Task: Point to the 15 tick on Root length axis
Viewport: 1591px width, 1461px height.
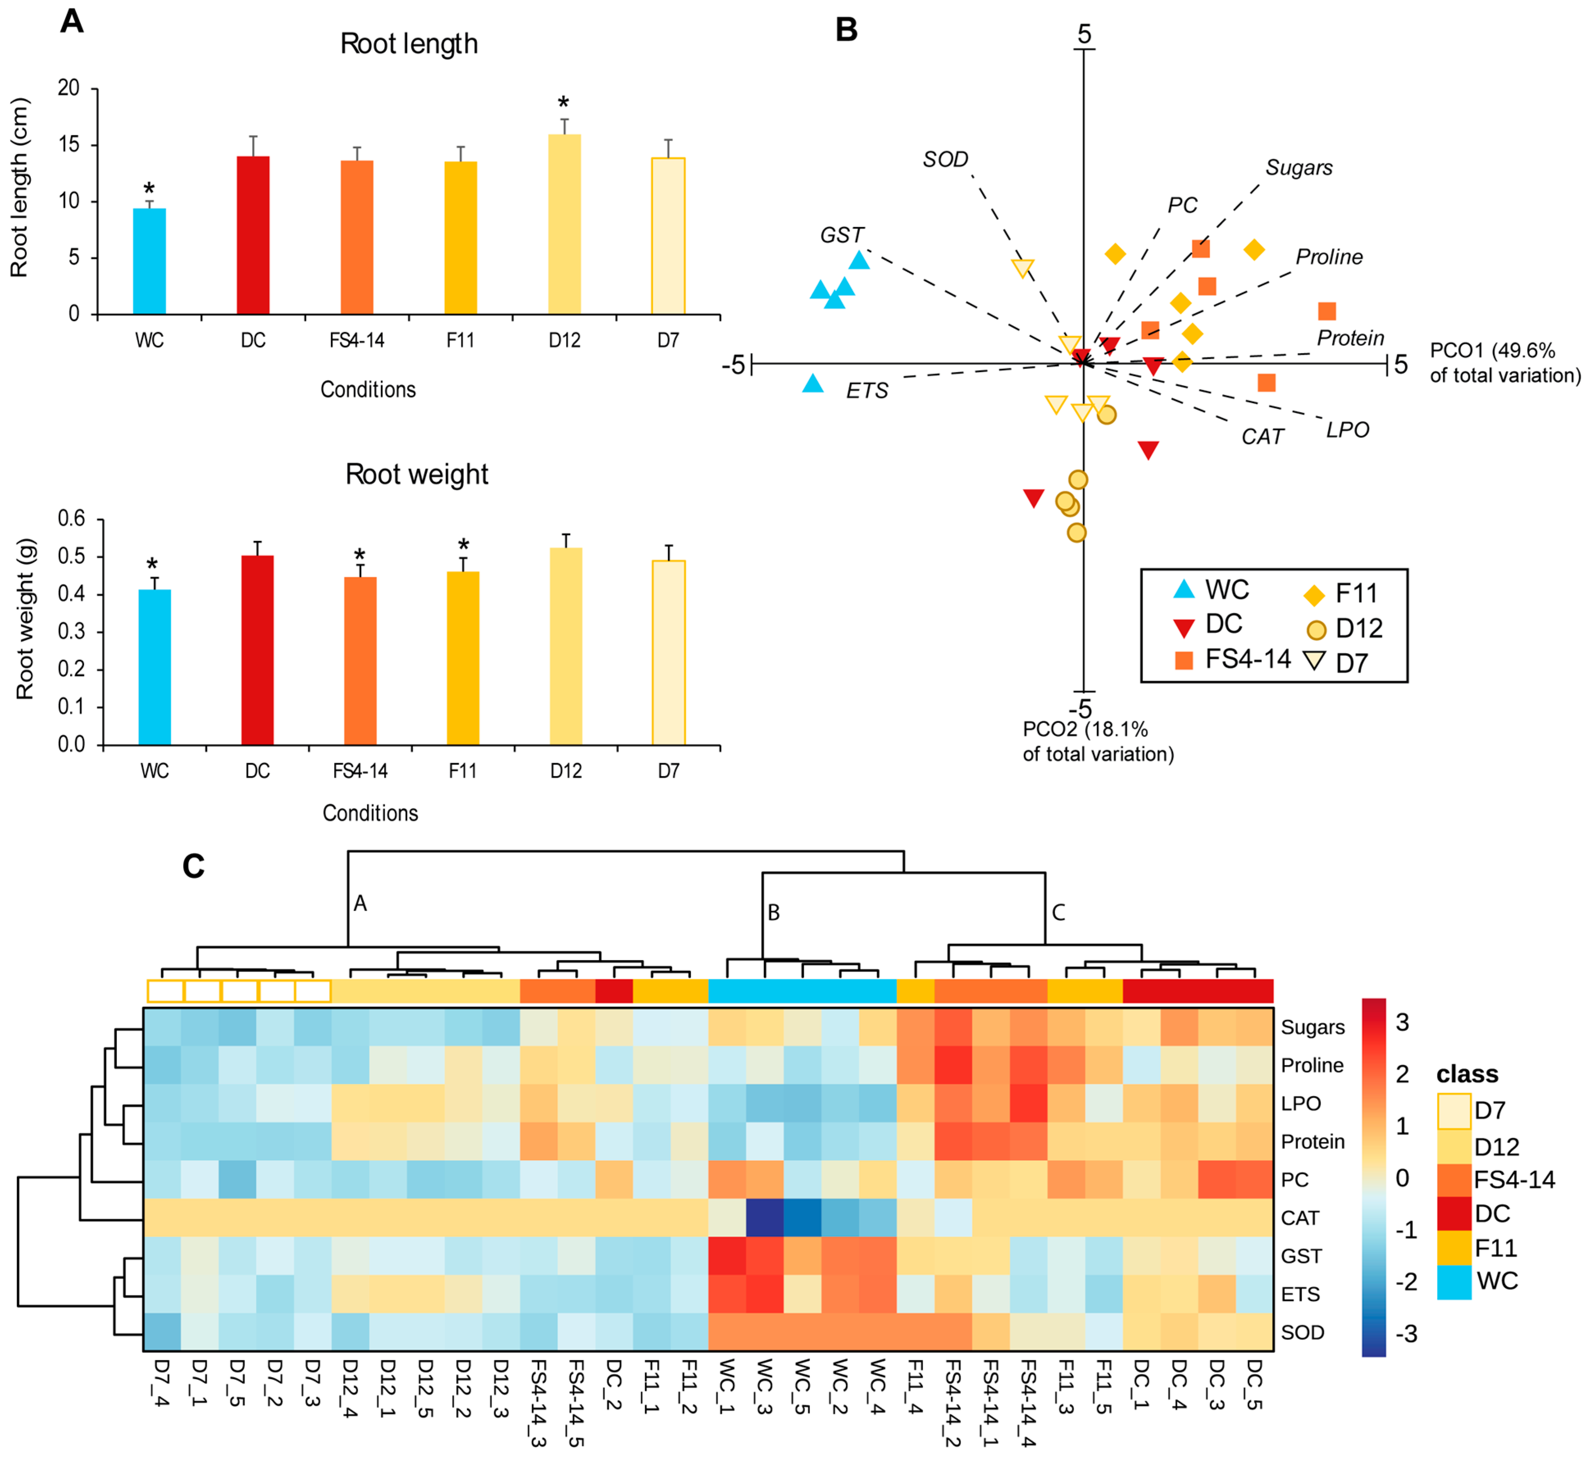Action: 70,145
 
